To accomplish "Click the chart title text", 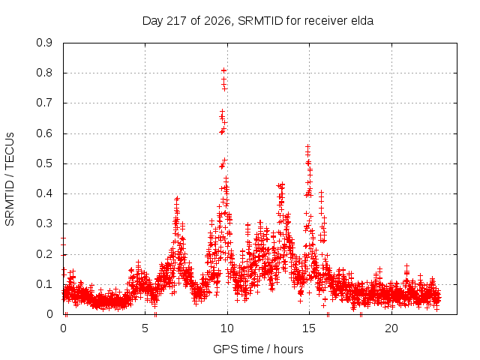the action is [x=258, y=21].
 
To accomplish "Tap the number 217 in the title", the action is [x=177, y=20].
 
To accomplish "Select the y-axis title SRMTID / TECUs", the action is [x=10, y=179].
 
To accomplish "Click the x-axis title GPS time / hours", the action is [x=258, y=349].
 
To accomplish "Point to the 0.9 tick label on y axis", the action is [x=44, y=43].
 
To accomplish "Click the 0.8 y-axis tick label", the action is [x=44, y=73].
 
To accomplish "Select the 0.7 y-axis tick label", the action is [x=44, y=103].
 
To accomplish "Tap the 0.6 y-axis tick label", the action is [x=44, y=133].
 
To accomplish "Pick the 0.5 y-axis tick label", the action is [x=44, y=163].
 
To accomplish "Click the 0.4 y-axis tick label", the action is [x=44, y=193].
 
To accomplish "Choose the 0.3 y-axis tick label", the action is [x=44, y=223].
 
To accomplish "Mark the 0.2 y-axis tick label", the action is [x=44, y=254].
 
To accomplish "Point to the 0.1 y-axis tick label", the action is [x=44, y=284].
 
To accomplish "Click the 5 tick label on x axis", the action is [x=145, y=328].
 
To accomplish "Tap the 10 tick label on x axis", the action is [x=227, y=328].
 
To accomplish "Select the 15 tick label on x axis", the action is [x=309, y=328].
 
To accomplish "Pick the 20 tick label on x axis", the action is [x=391, y=328].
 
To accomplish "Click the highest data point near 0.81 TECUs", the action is [x=223, y=70].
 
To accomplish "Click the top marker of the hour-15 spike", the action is [x=307, y=147].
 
